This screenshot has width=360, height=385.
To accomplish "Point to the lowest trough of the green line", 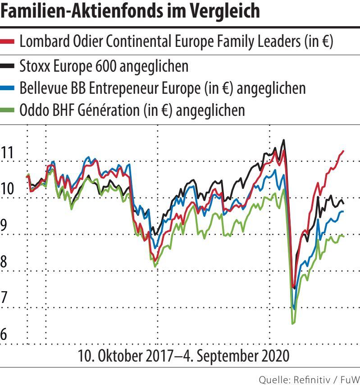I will pos(293,323).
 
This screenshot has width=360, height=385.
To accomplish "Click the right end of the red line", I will pos(344,151).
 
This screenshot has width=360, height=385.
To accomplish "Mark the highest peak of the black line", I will pos(283,140).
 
